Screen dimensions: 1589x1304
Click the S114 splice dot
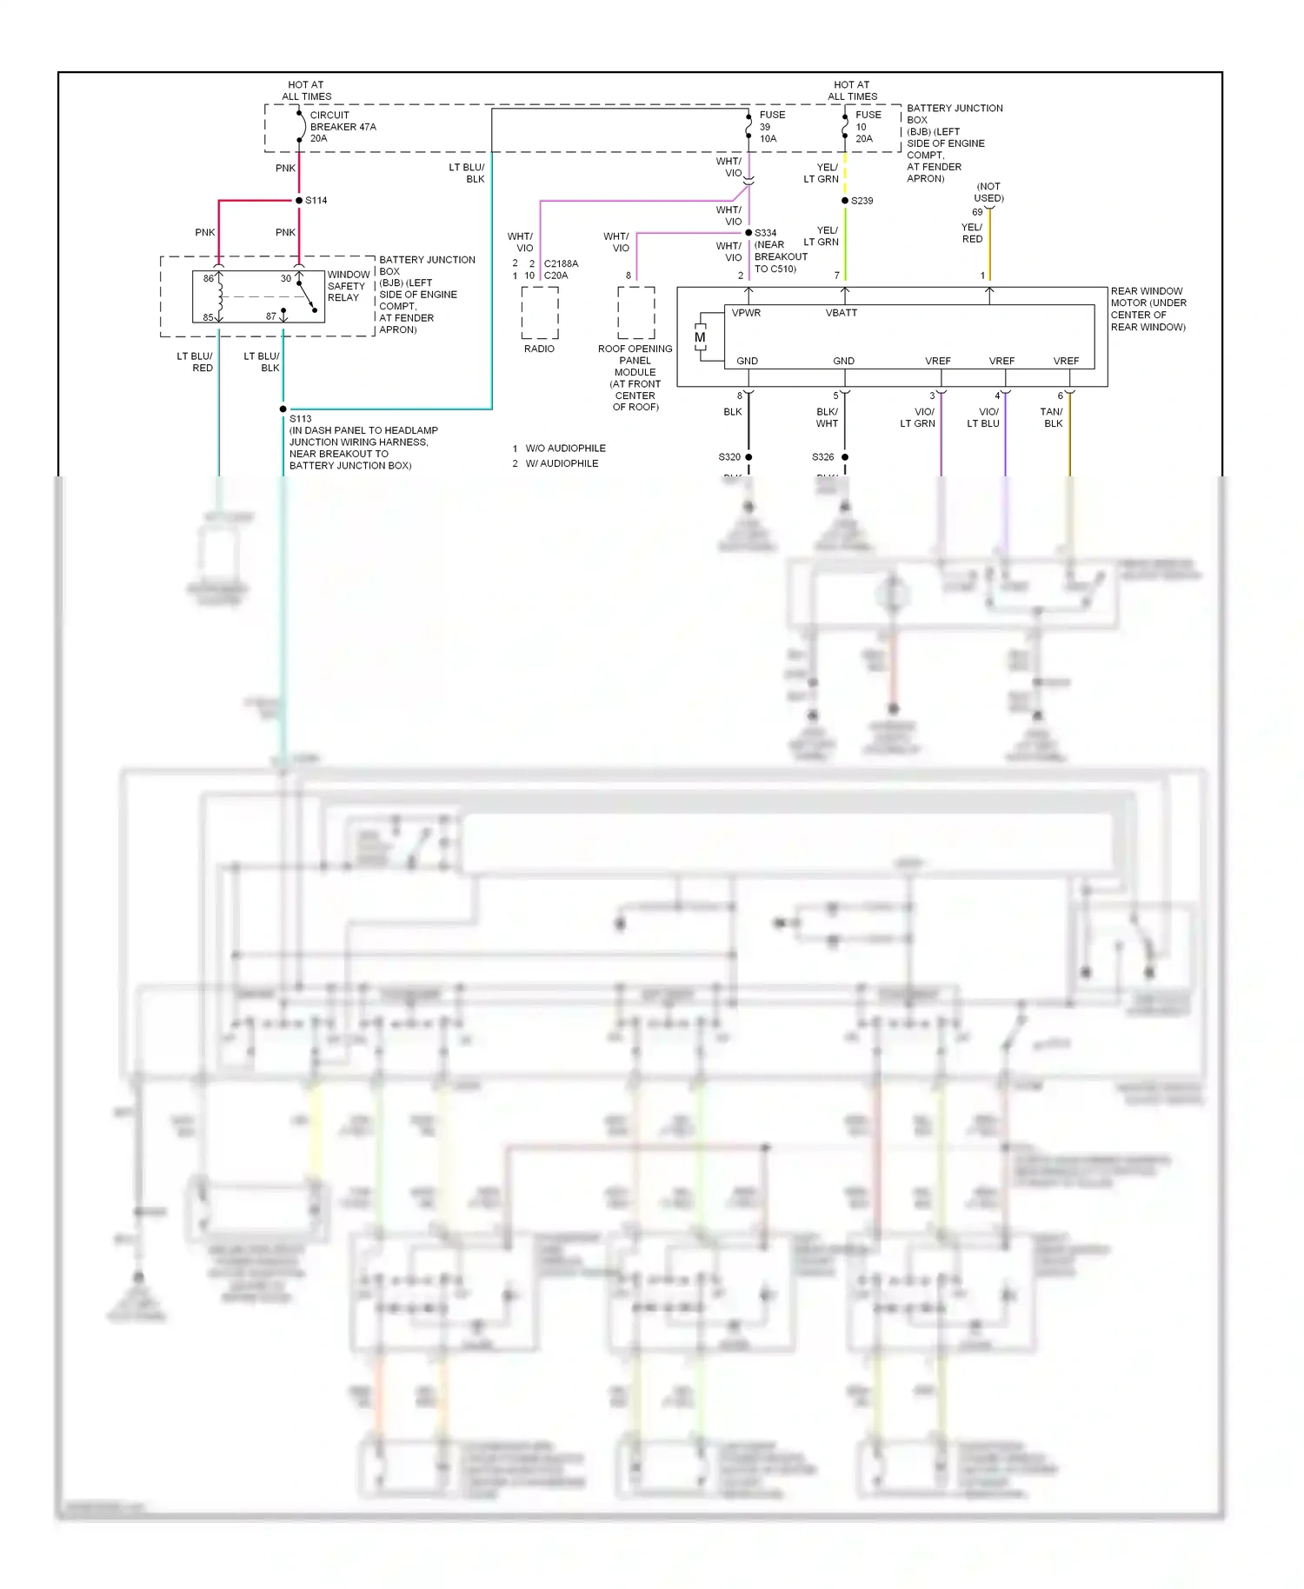click(x=298, y=201)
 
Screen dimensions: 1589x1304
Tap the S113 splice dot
click(x=283, y=409)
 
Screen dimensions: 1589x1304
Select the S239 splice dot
click(x=845, y=201)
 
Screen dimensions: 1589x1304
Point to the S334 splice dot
click(x=748, y=233)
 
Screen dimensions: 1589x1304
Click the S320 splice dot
click(x=748, y=457)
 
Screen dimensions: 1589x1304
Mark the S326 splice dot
click(x=845, y=457)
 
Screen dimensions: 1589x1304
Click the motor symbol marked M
click(x=700, y=338)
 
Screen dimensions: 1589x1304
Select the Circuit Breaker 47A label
click(x=343, y=127)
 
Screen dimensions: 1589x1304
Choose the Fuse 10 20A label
click(x=868, y=127)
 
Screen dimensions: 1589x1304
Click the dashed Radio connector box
click(x=540, y=313)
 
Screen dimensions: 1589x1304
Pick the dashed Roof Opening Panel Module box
click(x=636, y=313)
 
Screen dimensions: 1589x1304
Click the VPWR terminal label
click(x=746, y=313)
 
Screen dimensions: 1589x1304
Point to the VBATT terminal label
click(x=842, y=313)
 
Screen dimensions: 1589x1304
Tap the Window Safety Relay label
click(x=348, y=286)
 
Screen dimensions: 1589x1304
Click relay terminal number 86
click(x=209, y=279)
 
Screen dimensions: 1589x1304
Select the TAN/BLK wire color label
click(x=1052, y=418)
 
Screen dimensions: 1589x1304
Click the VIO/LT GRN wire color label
click(x=918, y=418)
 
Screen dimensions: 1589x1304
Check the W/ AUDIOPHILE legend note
click(x=562, y=464)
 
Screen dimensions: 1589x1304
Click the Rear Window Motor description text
click(x=1148, y=309)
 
